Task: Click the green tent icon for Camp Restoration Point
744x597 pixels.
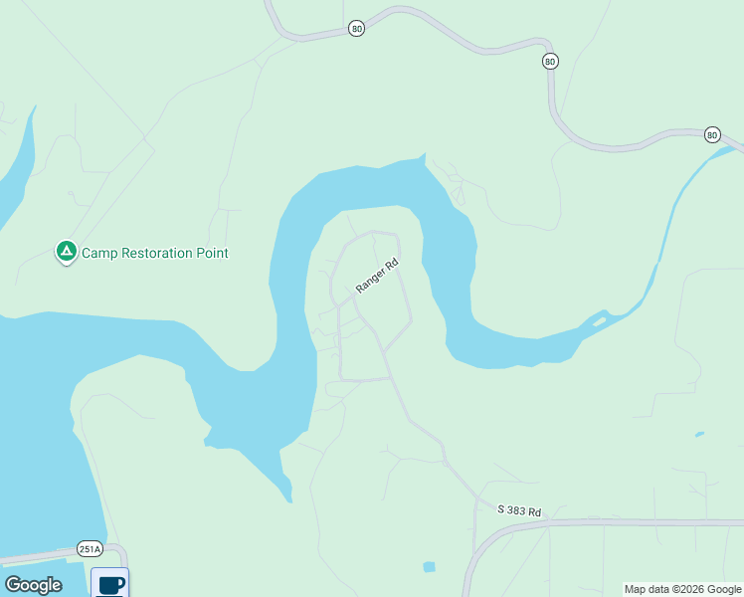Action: point(66,252)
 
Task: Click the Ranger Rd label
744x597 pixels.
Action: point(377,276)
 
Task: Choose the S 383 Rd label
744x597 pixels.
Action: point(519,511)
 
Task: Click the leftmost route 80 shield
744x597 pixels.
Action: point(357,29)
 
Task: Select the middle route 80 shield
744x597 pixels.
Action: point(550,62)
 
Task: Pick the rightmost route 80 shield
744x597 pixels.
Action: point(711,134)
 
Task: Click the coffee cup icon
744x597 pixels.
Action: point(110,582)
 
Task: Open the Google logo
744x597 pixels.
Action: point(33,585)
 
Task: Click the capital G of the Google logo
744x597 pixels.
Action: point(13,585)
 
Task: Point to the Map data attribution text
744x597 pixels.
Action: point(683,589)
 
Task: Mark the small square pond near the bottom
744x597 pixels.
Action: point(429,567)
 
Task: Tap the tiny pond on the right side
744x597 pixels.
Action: point(699,434)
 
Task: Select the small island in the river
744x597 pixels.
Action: point(598,320)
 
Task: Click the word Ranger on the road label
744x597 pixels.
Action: point(371,281)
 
